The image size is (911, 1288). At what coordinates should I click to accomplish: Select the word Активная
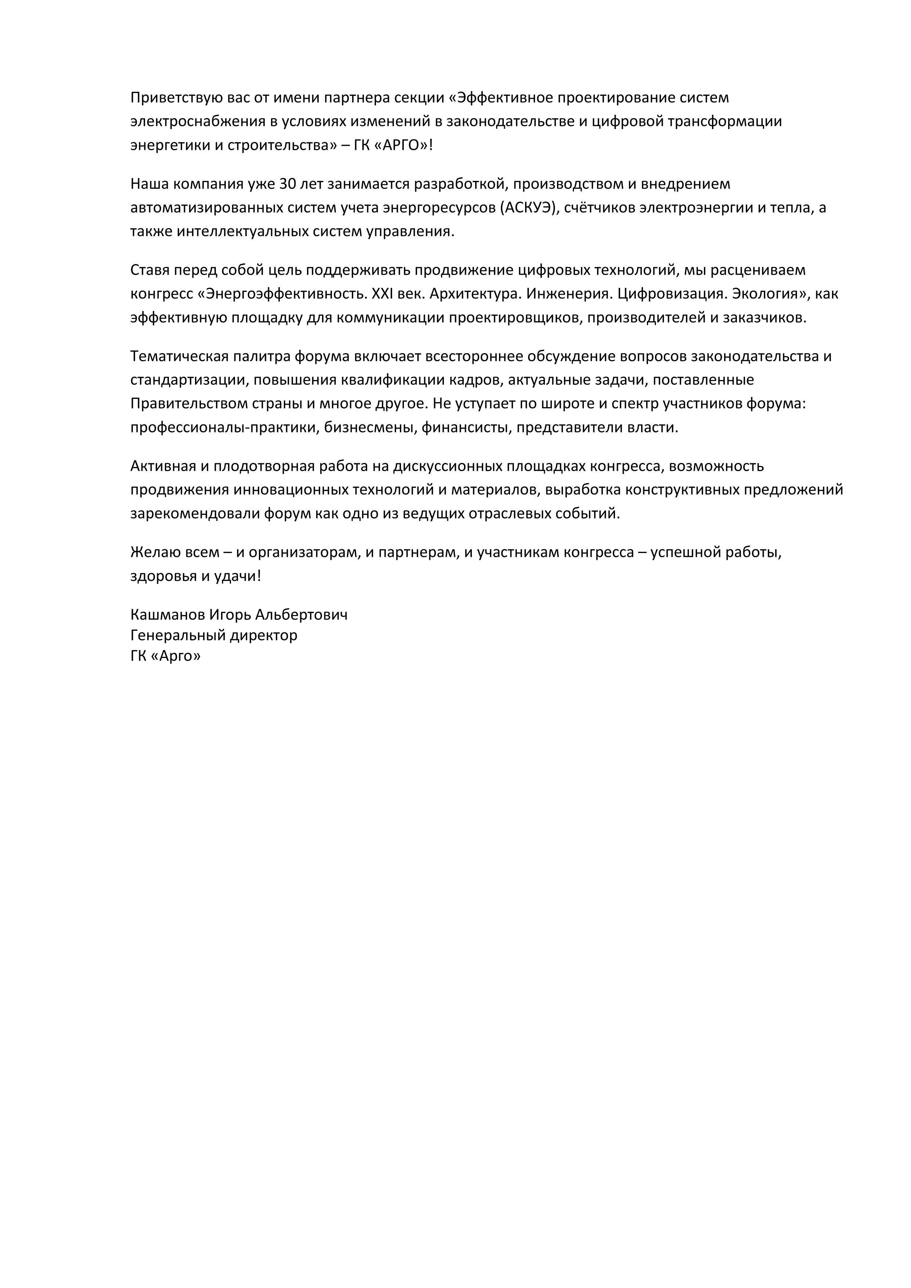click(x=163, y=467)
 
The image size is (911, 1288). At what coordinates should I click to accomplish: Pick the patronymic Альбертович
click(x=301, y=615)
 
